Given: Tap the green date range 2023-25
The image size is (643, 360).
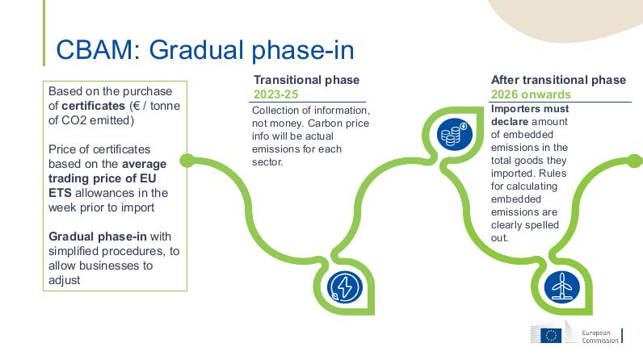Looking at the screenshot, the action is [275, 94].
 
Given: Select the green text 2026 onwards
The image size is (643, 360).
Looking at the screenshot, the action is [531, 94].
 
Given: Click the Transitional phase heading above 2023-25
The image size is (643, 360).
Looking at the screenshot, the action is [306, 80].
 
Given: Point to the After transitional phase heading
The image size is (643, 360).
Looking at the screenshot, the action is [558, 80].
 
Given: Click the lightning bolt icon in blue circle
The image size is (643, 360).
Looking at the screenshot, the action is [345, 287].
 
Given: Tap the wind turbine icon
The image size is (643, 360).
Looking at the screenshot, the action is [561, 287].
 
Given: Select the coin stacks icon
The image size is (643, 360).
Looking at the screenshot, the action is [454, 134].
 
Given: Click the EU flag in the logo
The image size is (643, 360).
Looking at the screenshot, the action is [551, 336].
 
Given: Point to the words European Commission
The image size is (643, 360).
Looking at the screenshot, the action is [600, 337].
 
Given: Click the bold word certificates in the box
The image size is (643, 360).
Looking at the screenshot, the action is [93, 106].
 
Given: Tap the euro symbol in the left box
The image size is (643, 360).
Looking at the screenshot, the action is [137, 106].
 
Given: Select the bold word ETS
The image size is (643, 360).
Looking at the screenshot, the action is [60, 193].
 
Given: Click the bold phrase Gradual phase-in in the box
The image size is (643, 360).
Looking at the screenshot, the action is [98, 237].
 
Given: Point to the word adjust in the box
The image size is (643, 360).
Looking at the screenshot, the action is [64, 281].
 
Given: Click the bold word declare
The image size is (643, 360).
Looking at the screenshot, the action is [510, 122].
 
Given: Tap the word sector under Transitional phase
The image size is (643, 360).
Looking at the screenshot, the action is [267, 162].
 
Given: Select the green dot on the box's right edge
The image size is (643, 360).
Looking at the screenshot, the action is [187, 161].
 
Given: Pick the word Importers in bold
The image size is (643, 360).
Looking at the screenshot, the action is [511, 109].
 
